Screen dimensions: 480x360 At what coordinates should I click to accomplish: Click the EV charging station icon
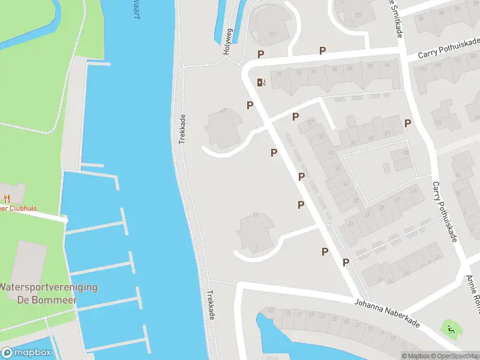261,82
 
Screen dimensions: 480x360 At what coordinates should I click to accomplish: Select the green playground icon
449,328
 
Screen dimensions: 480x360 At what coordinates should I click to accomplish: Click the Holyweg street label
227,43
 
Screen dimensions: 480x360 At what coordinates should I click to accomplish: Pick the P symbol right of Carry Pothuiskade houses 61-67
408,123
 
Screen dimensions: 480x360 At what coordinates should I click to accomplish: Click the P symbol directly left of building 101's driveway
261,54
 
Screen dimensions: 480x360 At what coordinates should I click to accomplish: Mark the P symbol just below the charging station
250,105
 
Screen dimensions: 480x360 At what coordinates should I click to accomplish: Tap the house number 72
278,74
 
